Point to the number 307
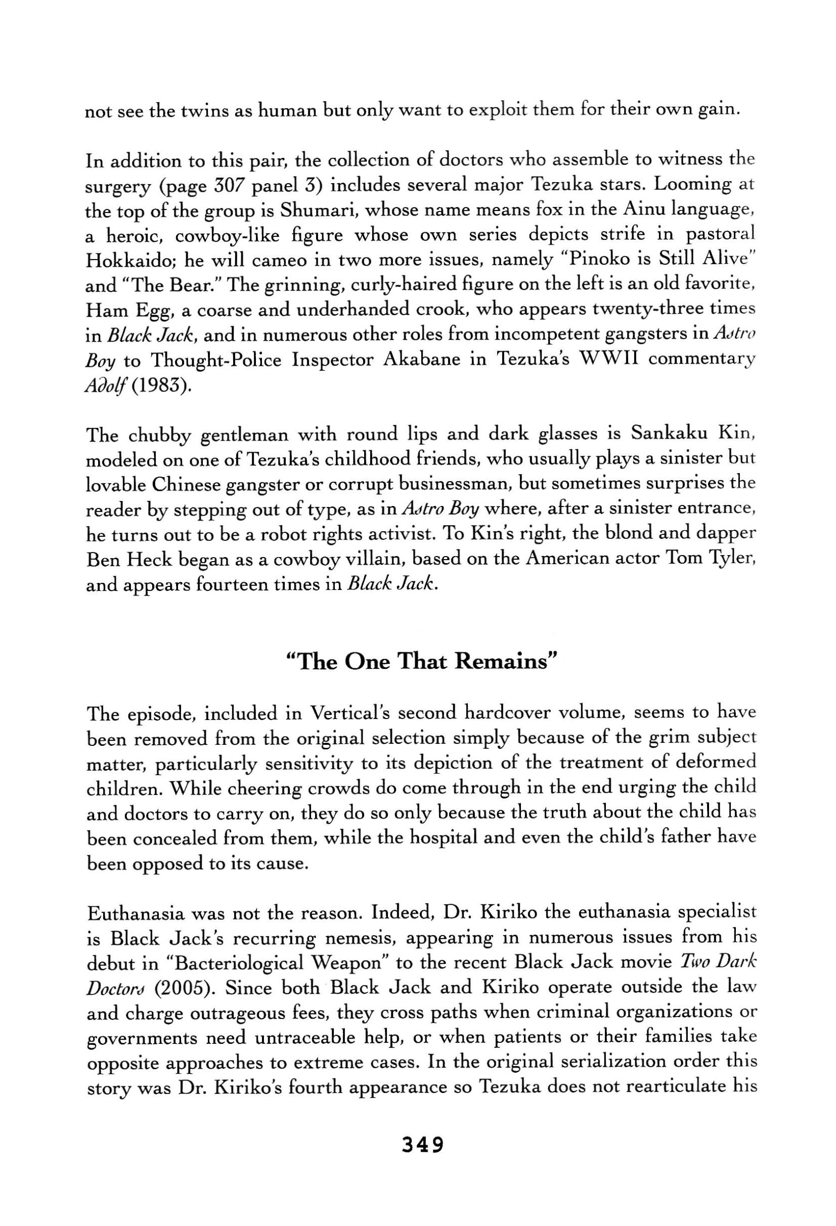point(228,186)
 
